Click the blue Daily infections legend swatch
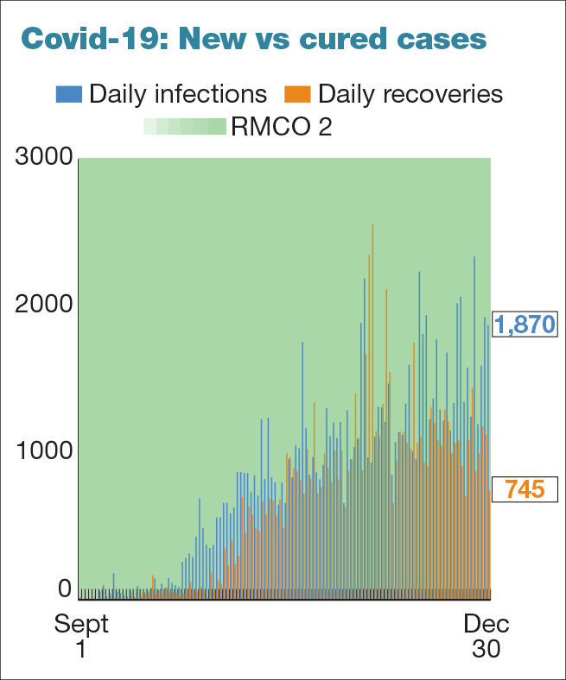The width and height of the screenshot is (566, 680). click(70, 93)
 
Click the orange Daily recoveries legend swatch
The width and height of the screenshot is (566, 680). click(298, 93)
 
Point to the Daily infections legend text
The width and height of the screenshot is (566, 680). click(178, 93)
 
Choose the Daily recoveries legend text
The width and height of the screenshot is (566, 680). click(410, 93)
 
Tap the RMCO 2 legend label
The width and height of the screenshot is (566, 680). click(281, 127)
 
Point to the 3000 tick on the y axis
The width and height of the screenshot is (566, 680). click(43, 159)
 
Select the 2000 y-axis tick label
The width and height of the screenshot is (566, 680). click(43, 305)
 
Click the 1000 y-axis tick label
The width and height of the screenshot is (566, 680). click(43, 450)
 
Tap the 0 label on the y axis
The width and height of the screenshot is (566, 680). click(65, 589)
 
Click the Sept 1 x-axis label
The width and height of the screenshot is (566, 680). click(81, 636)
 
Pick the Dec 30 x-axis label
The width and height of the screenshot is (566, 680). click(486, 636)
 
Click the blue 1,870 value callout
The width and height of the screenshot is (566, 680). click(524, 324)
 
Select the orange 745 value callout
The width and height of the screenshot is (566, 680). click(524, 489)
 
